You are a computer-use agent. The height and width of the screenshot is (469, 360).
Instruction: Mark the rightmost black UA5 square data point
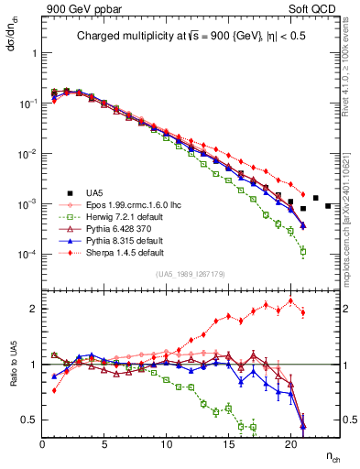[x=328, y=205]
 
